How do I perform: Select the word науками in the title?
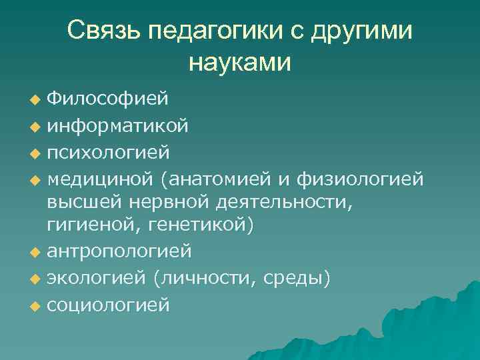pos(240,63)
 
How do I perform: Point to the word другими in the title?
pos(368,31)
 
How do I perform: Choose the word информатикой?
pos(117,125)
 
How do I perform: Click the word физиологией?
pos(366,178)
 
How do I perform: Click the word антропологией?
pos(119,251)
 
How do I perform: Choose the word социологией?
pos(108,305)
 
